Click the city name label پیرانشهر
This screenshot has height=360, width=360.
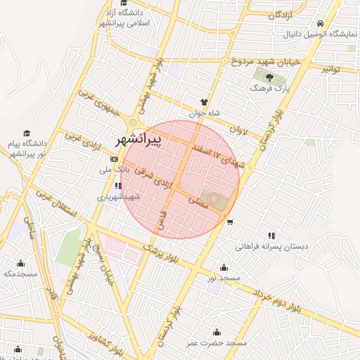pyautogui.click(x=136, y=140)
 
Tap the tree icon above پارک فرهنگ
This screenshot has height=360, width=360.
pyautogui.click(x=269, y=77)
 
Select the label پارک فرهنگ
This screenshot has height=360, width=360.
pyautogui.click(x=269, y=89)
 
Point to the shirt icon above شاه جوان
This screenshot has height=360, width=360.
pyautogui.click(x=205, y=102)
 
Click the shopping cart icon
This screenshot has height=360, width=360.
pyautogui.click(x=230, y=222)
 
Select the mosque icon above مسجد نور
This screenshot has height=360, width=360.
pyautogui.click(x=224, y=267)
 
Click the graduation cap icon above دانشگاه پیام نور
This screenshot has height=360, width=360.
pyautogui.click(x=27, y=133)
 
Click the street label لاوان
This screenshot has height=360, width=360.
pyautogui.click(x=240, y=129)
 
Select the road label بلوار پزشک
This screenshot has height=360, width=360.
pyautogui.click(x=163, y=252)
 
